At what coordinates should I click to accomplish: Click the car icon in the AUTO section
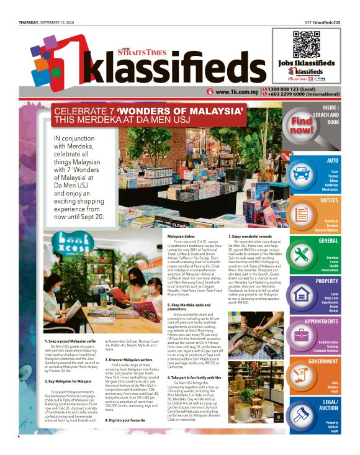[x=302, y=174]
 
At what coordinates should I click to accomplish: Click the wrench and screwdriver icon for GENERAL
[x=302, y=254]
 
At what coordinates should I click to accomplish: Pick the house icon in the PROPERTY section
[x=302, y=294]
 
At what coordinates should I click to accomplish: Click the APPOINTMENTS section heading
[x=322, y=322]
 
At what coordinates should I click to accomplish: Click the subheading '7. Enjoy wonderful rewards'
[x=253, y=237]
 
